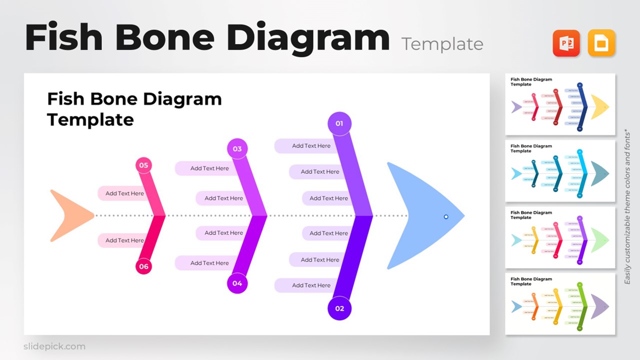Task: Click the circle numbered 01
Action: pyautogui.click(x=339, y=123)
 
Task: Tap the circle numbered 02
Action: pyautogui.click(x=339, y=308)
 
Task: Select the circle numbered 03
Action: pyautogui.click(x=237, y=149)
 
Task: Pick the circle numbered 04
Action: pyautogui.click(x=237, y=283)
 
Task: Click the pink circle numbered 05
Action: pyautogui.click(x=143, y=165)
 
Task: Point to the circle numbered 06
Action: pyautogui.click(x=143, y=266)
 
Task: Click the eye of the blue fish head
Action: pyautogui.click(x=446, y=216)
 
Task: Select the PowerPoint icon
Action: pyautogui.click(x=566, y=43)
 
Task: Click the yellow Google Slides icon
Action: pyautogui.click(x=601, y=43)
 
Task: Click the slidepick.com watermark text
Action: pyautogui.click(x=54, y=346)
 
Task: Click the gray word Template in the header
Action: pyautogui.click(x=442, y=44)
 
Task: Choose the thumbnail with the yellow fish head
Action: pyautogui.click(x=560, y=104)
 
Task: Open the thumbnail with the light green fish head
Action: pyautogui.click(x=560, y=237)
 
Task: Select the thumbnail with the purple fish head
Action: pyautogui.click(x=560, y=304)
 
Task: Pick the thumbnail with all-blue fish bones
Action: pyautogui.click(x=560, y=171)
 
